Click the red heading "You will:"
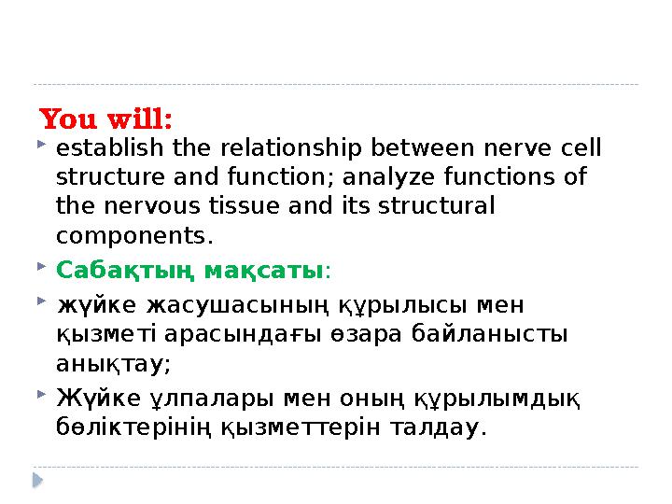pyautogui.click(x=106, y=120)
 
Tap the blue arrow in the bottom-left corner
pyautogui.click(x=38, y=480)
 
